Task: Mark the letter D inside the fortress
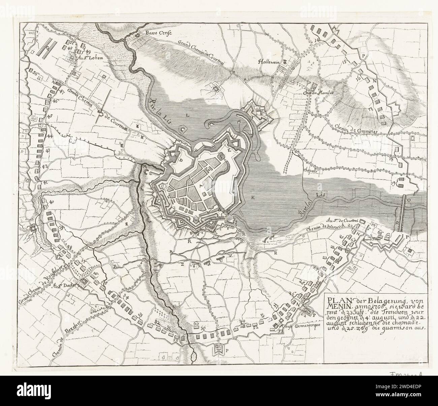181,160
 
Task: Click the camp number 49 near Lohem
88,51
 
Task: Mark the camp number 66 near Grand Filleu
380,232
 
